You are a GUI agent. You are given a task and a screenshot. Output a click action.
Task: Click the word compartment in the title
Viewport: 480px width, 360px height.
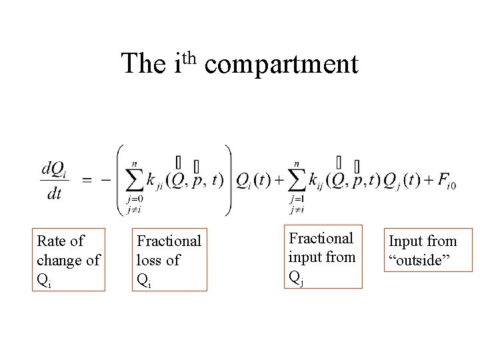click(281, 65)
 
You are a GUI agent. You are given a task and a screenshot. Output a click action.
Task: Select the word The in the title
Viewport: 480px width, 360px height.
click(143, 64)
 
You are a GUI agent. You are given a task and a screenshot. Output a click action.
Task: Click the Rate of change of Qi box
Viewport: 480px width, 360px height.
click(69, 260)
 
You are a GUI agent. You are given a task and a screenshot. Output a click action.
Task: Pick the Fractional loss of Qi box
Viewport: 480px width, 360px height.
click(168, 261)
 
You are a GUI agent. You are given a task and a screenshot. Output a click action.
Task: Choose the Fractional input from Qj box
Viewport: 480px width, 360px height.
click(323, 257)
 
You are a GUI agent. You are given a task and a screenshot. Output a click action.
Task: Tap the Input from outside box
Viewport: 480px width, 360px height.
click(422, 251)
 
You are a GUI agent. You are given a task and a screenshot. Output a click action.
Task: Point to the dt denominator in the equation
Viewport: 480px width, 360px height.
click(54, 193)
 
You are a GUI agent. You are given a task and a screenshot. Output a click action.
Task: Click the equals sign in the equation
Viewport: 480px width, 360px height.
click(87, 180)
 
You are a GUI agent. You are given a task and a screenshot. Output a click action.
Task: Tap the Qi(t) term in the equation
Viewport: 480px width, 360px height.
click(252, 181)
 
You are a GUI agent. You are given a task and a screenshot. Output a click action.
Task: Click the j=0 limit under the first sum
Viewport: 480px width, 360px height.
click(133, 199)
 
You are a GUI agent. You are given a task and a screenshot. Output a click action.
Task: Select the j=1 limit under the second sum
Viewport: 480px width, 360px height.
click(296, 199)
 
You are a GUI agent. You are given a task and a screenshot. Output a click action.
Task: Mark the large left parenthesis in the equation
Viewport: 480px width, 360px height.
click(120, 180)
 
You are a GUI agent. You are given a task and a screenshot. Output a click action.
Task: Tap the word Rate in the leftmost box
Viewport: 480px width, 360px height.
click(52, 241)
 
